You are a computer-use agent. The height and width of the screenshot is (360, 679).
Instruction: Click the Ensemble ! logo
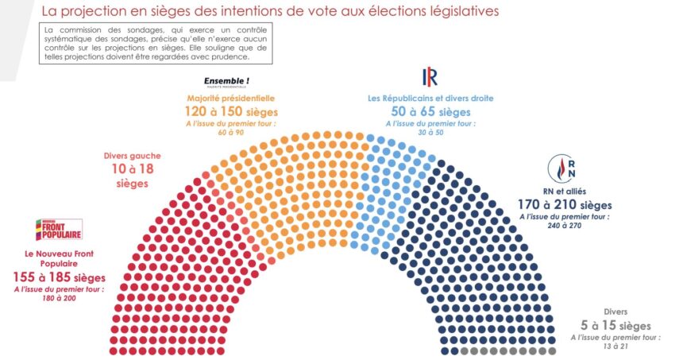tap(226, 82)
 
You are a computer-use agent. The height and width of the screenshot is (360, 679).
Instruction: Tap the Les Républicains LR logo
tap(430, 76)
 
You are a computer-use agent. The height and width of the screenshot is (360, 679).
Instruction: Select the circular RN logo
tap(561, 168)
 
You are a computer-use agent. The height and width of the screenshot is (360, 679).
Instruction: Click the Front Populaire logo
tap(59, 229)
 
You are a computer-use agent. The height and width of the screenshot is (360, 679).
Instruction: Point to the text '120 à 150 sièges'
tap(231, 111)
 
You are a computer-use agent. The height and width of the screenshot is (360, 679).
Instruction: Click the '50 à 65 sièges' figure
tap(430, 111)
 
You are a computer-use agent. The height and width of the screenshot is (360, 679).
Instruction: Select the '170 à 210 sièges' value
tap(565, 204)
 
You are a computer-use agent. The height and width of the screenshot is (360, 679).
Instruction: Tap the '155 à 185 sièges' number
tap(60, 277)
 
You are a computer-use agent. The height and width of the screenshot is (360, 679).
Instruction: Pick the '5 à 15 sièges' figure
tap(615, 325)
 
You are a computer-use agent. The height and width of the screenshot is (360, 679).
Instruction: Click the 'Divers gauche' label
tap(132, 156)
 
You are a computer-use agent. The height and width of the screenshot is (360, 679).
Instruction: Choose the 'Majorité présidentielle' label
tap(231, 99)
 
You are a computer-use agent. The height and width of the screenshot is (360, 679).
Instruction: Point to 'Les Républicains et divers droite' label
tap(430, 99)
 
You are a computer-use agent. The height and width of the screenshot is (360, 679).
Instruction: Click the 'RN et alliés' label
tap(565, 191)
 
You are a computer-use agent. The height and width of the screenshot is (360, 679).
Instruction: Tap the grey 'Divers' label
tap(615, 312)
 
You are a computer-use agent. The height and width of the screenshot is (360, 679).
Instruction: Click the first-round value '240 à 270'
tap(565, 225)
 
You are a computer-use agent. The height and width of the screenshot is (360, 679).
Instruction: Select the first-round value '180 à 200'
tap(59, 298)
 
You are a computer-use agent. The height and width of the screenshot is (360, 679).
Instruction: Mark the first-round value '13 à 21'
tap(615, 346)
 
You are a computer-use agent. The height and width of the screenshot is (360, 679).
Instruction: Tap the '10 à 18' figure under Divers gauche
tap(133, 168)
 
